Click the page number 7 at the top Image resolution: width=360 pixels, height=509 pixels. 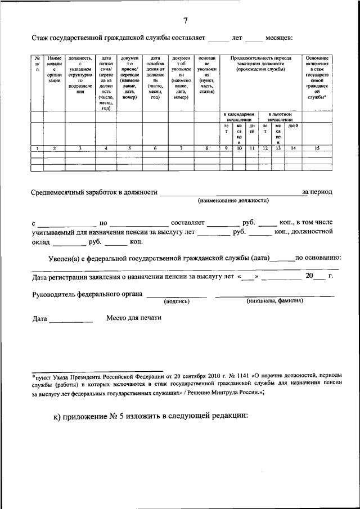[x=186, y=21]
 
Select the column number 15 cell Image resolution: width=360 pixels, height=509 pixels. [x=317, y=148]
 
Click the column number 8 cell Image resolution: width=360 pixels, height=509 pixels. [x=207, y=148]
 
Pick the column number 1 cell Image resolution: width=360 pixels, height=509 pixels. [x=37, y=148]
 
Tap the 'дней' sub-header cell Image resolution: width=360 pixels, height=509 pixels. [x=292, y=125]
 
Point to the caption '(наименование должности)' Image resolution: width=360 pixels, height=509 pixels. [x=233, y=200]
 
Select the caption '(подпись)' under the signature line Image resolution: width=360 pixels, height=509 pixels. [x=177, y=301]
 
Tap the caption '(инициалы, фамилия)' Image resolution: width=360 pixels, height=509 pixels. [x=275, y=301]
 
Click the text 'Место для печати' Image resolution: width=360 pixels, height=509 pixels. [x=134, y=318]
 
